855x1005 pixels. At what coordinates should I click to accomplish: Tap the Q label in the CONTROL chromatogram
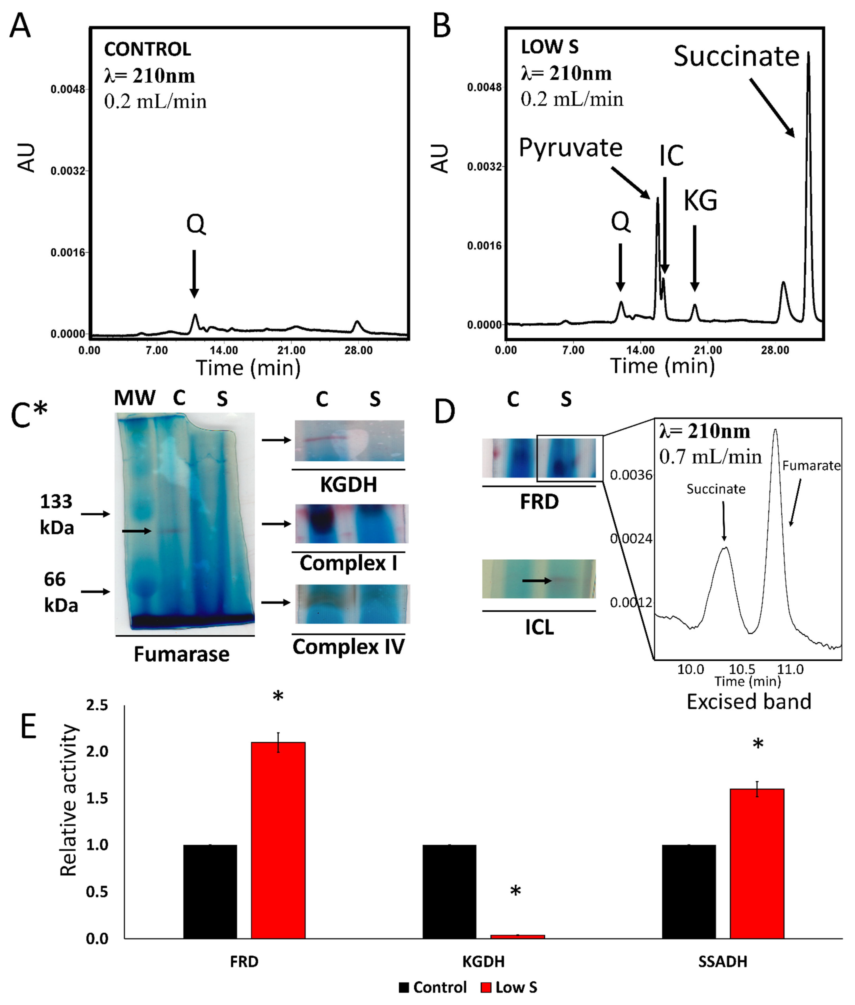tap(196, 224)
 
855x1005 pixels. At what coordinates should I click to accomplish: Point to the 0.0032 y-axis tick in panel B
tap(484, 167)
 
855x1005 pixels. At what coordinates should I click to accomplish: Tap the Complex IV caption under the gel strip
tap(349, 647)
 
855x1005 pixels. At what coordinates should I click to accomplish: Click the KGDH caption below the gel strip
tap(349, 485)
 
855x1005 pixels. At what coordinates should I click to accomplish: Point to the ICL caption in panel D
tap(539, 627)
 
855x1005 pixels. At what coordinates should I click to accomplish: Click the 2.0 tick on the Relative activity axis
tap(97, 752)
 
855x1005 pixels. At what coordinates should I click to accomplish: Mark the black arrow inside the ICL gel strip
tap(536, 580)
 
